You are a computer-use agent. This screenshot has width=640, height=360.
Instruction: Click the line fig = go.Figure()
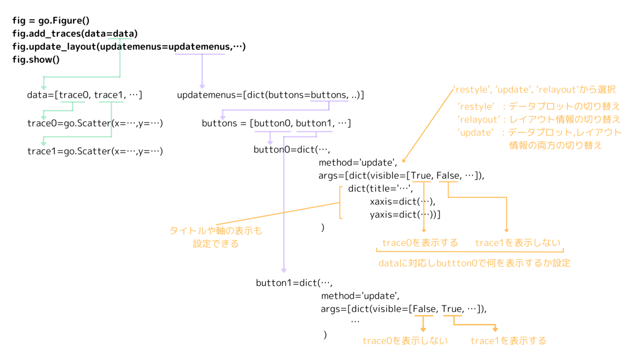pyautogui.click(x=51, y=20)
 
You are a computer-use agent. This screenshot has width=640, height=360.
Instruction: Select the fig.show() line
pyautogui.click(x=36, y=59)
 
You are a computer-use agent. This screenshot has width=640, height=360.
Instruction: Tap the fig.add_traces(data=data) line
pyautogui.click(x=75, y=33)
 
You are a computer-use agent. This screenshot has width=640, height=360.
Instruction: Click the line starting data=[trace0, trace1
pyautogui.click(x=85, y=95)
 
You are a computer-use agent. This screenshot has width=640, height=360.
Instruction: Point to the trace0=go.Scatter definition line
pyautogui.click(x=95, y=123)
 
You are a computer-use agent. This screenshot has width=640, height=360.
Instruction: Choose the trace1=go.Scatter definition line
pyautogui.click(x=95, y=151)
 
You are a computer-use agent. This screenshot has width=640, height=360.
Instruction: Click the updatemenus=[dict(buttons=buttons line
pyautogui.click(x=270, y=95)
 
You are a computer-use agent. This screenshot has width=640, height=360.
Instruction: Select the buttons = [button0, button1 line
pyautogui.click(x=276, y=123)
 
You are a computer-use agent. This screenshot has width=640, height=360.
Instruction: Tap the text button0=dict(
pyautogui.click(x=292, y=150)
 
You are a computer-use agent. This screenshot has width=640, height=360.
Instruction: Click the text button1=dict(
pyautogui.click(x=294, y=283)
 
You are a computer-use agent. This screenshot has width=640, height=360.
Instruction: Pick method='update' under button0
pyautogui.click(x=358, y=162)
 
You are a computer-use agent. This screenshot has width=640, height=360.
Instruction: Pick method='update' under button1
pyautogui.click(x=360, y=296)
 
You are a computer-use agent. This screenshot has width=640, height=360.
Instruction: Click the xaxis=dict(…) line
pyautogui.click(x=402, y=202)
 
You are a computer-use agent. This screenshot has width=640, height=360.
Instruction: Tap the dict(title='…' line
pyautogui.click(x=380, y=189)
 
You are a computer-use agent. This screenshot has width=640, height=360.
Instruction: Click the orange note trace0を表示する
pyautogui.click(x=420, y=243)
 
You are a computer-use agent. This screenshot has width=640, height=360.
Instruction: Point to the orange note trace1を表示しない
pyautogui.click(x=518, y=243)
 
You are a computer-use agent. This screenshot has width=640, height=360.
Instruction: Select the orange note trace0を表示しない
pyautogui.click(x=405, y=341)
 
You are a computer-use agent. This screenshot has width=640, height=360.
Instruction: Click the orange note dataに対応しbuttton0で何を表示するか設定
pyautogui.click(x=474, y=263)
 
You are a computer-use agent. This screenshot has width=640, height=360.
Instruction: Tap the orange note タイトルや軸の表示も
pyautogui.click(x=216, y=231)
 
